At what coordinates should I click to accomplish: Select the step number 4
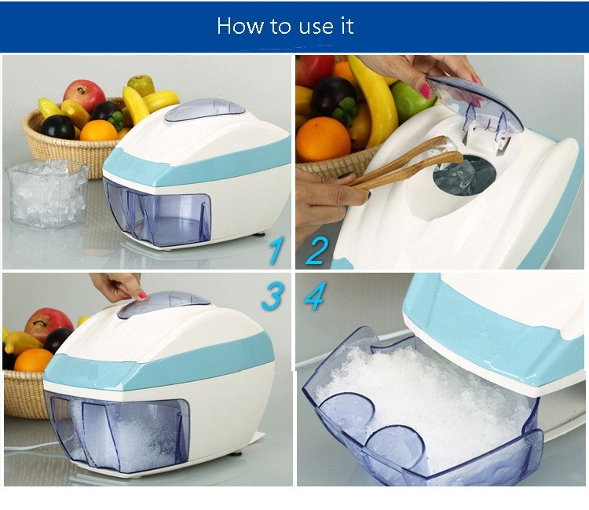[315, 297]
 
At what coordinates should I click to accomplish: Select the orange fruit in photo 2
[323, 139]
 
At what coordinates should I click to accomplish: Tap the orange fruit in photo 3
[33, 362]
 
